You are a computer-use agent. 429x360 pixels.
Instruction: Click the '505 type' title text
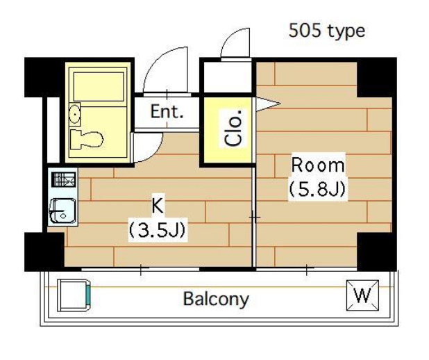coord(327,31)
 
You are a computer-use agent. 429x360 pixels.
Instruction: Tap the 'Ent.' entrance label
coord(167,111)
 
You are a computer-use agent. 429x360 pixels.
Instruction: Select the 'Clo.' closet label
coord(233,128)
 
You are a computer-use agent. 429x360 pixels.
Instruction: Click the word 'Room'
coord(318,165)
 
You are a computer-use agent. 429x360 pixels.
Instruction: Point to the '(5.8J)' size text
coord(318,189)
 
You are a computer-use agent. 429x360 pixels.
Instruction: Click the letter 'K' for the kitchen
coord(158,206)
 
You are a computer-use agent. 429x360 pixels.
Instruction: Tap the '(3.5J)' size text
coord(158,230)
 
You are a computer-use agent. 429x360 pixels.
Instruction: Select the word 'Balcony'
coord(216,299)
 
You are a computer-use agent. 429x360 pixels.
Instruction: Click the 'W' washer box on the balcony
coord(363,295)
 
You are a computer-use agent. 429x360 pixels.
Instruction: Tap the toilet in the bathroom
coord(87,140)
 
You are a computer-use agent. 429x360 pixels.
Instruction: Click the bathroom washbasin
coord(74,114)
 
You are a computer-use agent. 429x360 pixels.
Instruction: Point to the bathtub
coord(99,87)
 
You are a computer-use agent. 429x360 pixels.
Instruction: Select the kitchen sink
coord(62,211)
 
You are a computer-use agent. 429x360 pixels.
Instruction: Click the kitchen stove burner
coord(63,179)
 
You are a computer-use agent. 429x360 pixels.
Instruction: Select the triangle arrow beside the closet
coord(267,104)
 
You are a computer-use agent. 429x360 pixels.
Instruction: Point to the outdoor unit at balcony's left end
coord(74,295)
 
